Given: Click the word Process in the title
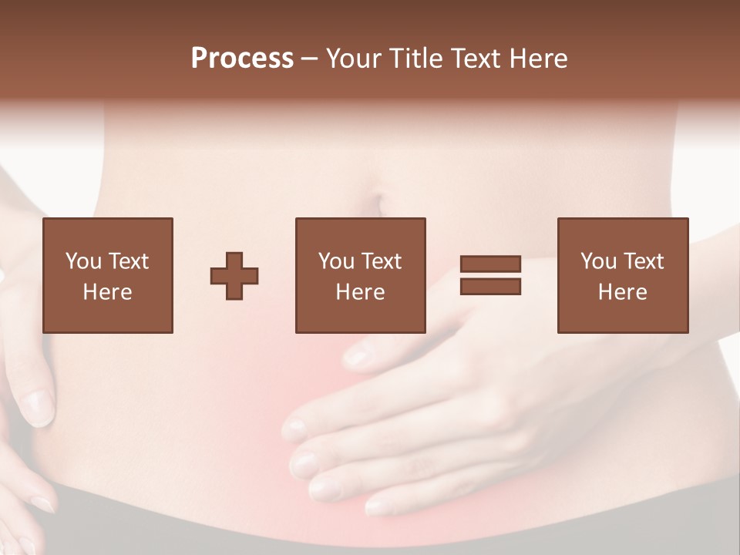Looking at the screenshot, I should (x=242, y=59).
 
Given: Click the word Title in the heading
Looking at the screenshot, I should (x=416, y=59).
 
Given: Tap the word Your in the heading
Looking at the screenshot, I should (x=355, y=59).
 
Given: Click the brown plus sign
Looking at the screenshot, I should (x=234, y=276).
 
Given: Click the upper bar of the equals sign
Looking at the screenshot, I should (x=490, y=264).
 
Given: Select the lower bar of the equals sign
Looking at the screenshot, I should (x=490, y=286).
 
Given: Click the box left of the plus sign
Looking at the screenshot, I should (x=107, y=275).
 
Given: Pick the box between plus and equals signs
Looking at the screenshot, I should (x=360, y=275).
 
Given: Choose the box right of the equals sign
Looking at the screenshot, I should (x=623, y=275).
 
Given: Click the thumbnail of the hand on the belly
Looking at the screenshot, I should (x=356, y=356).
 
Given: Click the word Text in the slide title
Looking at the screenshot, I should (x=476, y=59).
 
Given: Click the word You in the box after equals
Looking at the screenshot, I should (x=598, y=261).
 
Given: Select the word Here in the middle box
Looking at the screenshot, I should (x=360, y=292).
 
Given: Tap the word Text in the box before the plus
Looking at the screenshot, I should (x=128, y=261).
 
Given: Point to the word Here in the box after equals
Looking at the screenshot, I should (x=623, y=292).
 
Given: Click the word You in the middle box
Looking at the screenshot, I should (x=336, y=261).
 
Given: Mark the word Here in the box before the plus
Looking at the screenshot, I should (x=107, y=292).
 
